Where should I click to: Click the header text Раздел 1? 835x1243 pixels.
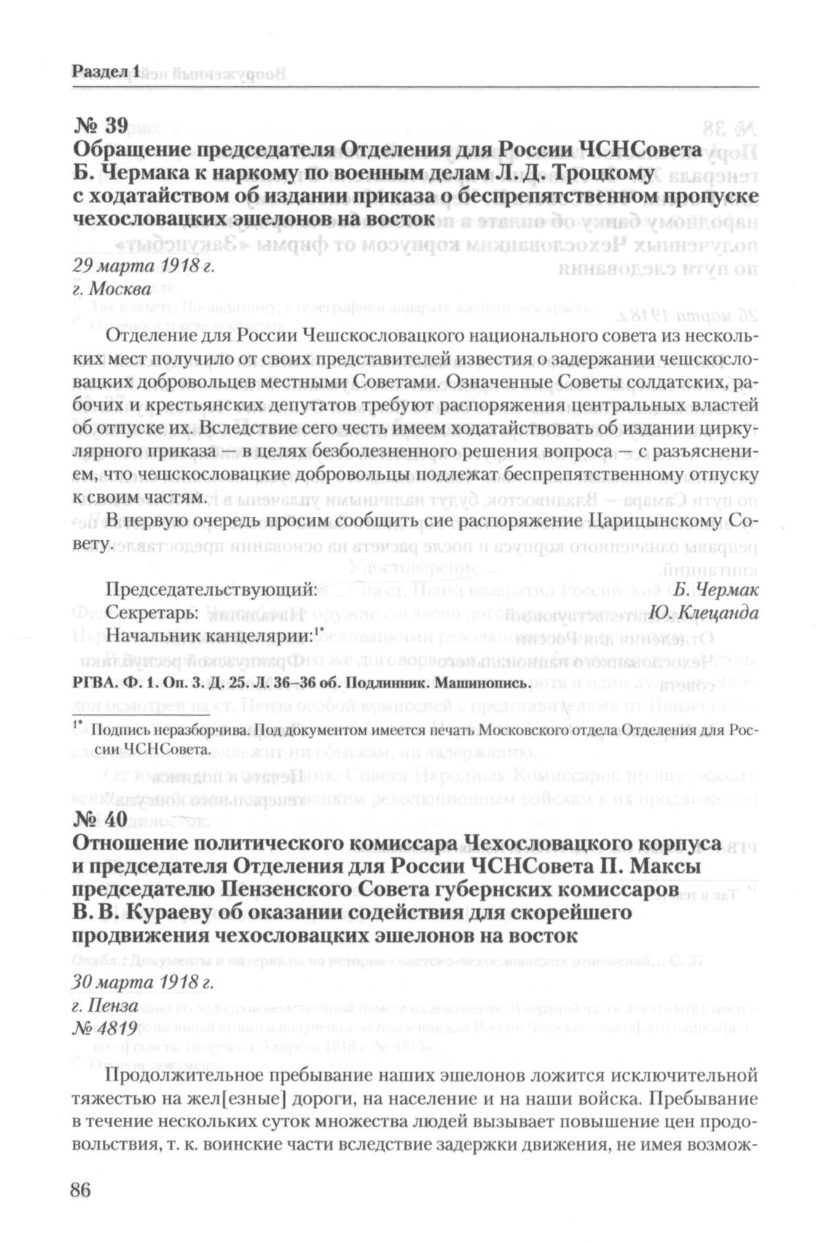[x=106, y=71]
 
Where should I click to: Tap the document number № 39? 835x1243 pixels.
[x=101, y=125]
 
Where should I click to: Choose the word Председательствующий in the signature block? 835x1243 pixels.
[x=211, y=590]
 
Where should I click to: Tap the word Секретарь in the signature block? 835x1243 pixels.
[x=152, y=613]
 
